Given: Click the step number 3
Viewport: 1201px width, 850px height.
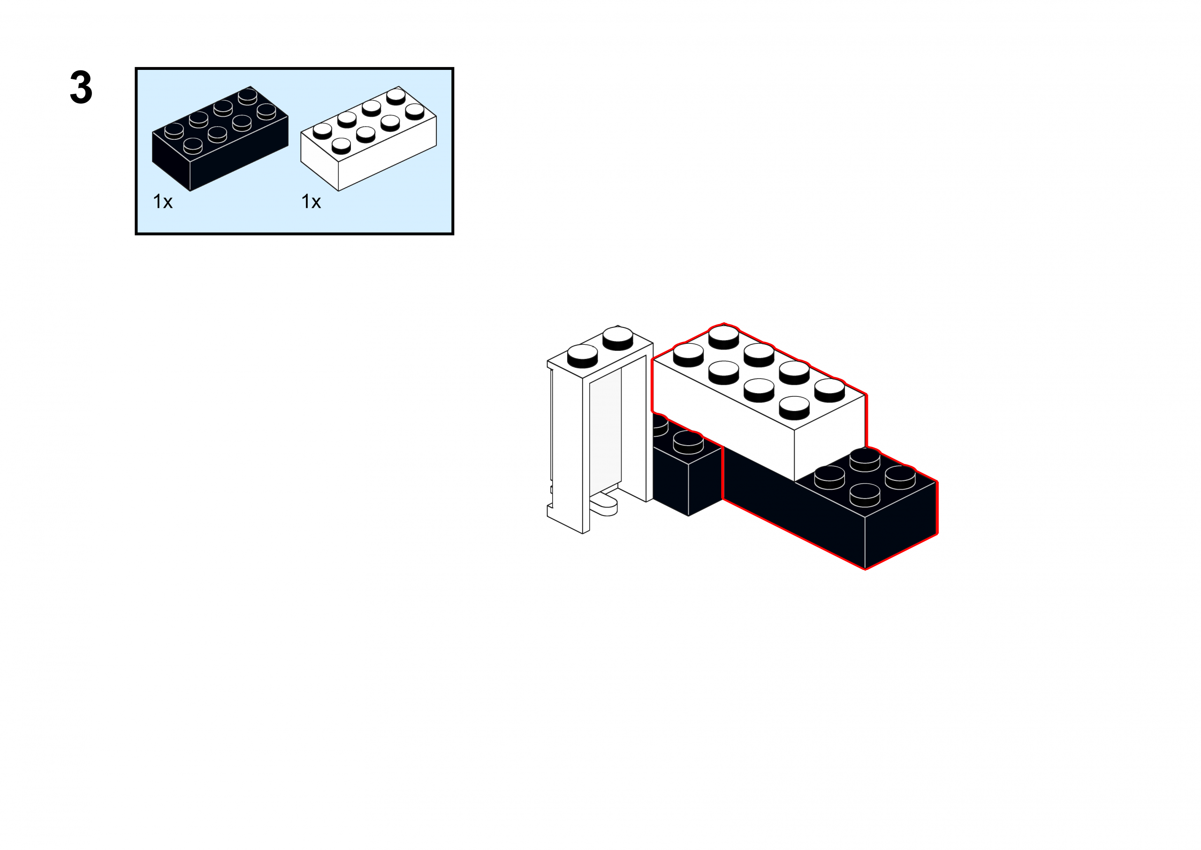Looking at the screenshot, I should click(81, 87).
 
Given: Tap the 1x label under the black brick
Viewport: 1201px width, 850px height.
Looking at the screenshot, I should click(163, 202).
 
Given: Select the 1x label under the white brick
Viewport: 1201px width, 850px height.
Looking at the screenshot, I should click(311, 202).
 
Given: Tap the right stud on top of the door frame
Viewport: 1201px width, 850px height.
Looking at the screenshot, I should click(618, 337).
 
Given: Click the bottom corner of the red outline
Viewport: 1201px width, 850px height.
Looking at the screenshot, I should click(865, 569).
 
